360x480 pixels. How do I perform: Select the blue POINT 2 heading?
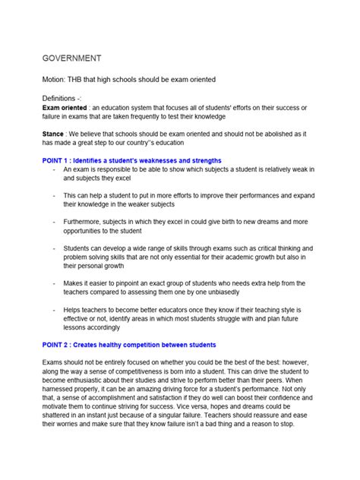128,344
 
